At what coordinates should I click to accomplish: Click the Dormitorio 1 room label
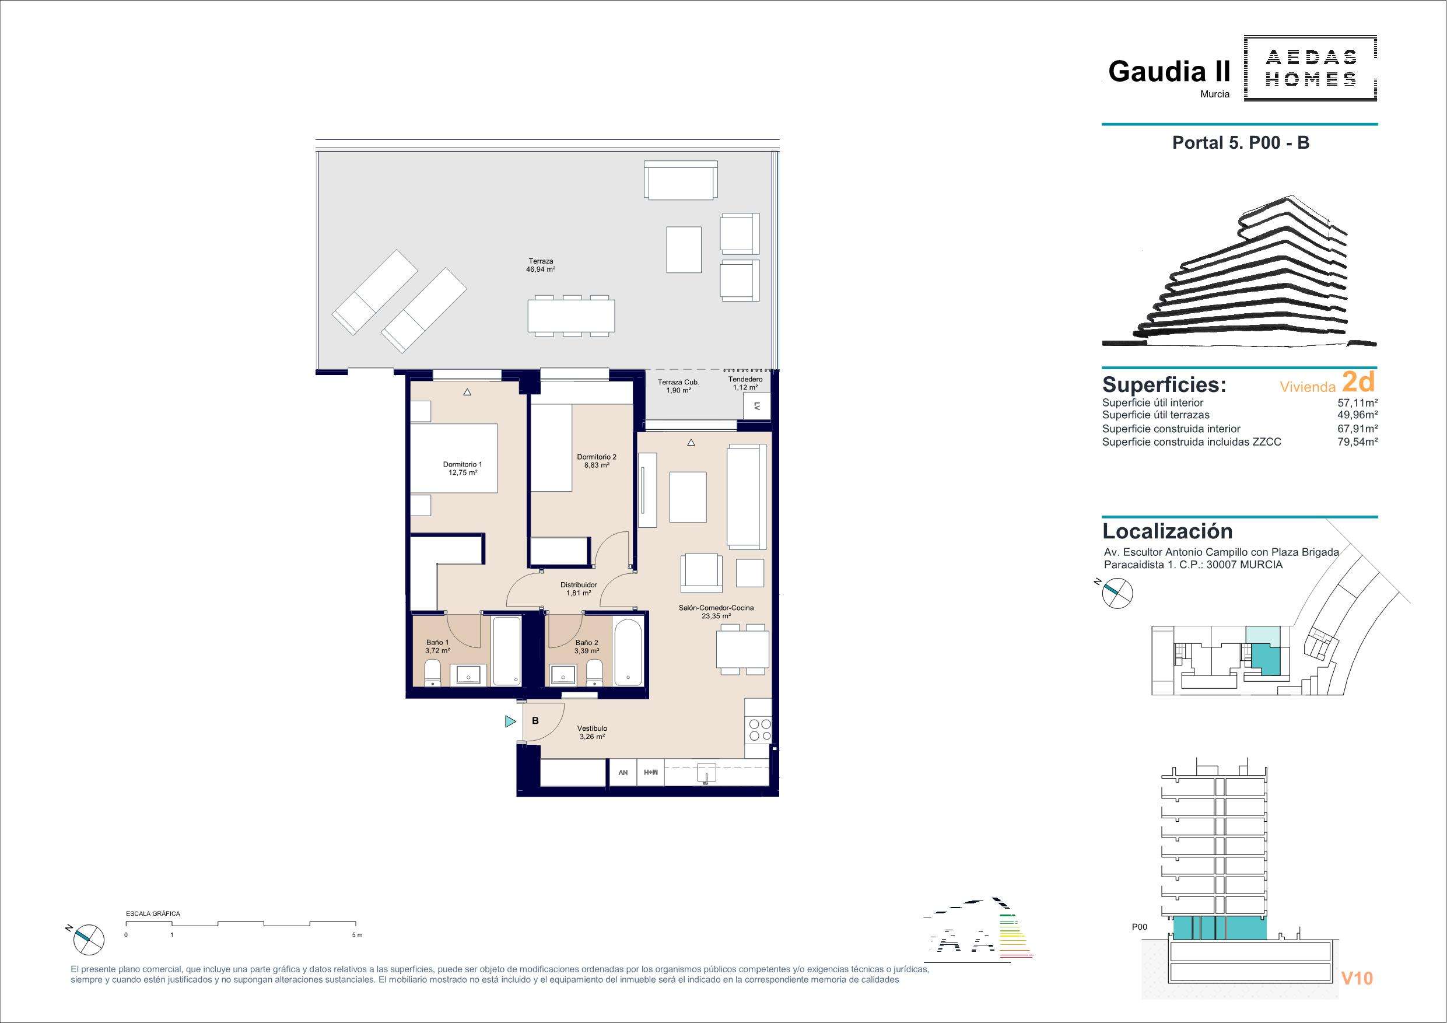[x=463, y=468]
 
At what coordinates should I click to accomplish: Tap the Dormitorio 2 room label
[x=596, y=461]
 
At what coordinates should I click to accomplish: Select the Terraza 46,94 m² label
[x=541, y=265]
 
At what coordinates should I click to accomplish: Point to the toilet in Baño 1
[x=432, y=672]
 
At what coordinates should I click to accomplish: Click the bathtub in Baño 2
[x=628, y=653]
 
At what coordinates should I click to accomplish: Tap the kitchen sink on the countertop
[x=707, y=773]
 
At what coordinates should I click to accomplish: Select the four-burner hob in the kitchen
[x=759, y=730]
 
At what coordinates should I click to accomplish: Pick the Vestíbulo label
[x=592, y=732]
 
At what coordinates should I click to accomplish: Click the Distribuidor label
[x=579, y=588]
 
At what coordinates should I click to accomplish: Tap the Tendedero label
[x=745, y=383]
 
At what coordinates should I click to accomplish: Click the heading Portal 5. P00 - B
[x=1241, y=143]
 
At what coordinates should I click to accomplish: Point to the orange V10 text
[x=1357, y=978]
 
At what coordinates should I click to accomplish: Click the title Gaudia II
[x=1169, y=72]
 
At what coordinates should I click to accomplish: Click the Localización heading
[x=1167, y=531]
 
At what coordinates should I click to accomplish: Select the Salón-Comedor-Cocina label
[x=716, y=612]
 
